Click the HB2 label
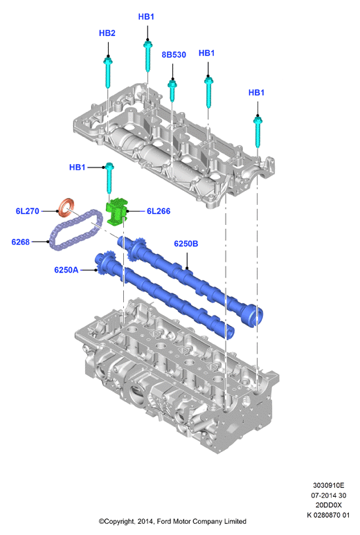[107, 33]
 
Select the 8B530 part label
[174, 55]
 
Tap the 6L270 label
[27, 211]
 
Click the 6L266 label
[159, 211]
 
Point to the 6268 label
[21, 242]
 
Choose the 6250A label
[66, 270]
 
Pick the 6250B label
[186, 244]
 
